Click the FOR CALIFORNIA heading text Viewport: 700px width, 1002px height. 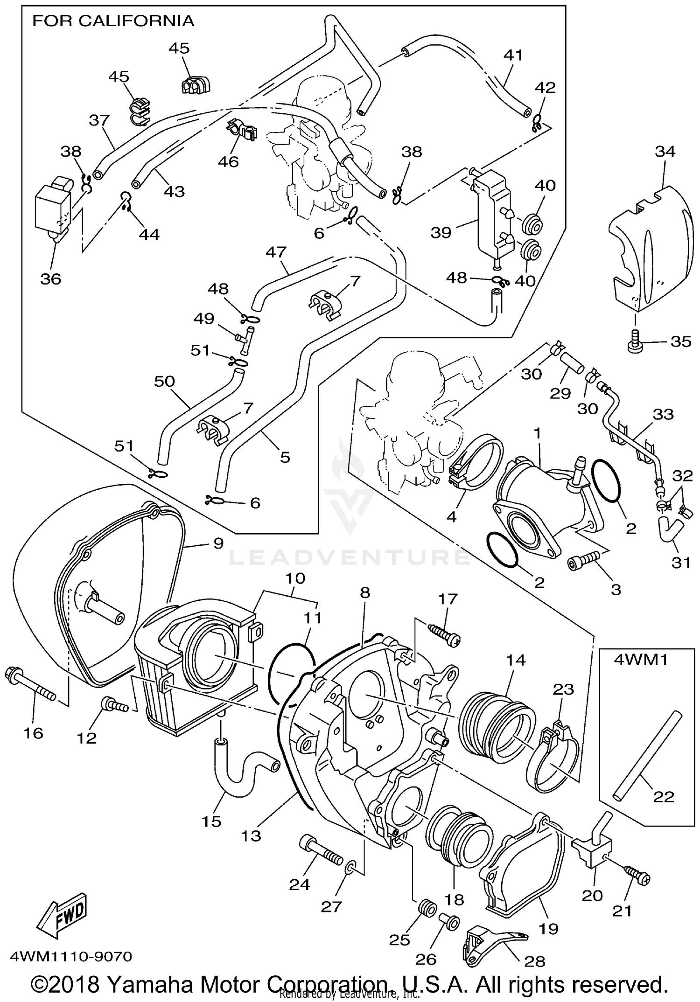pyautogui.click(x=113, y=21)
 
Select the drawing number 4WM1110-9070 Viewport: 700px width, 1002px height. pyautogui.click(x=67, y=957)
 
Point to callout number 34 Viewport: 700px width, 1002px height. pyautogui.click(x=665, y=151)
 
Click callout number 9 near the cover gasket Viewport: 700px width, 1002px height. pyautogui.click(x=218, y=543)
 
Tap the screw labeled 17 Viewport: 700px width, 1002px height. pyautogui.click(x=444, y=634)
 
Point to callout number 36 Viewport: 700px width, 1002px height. pyautogui.click(x=51, y=278)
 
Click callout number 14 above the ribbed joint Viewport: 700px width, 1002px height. pyautogui.click(x=515, y=660)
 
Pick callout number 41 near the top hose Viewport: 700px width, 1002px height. pyautogui.click(x=513, y=55)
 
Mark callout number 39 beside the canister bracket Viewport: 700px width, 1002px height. pyautogui.click(x=441, y=232)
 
